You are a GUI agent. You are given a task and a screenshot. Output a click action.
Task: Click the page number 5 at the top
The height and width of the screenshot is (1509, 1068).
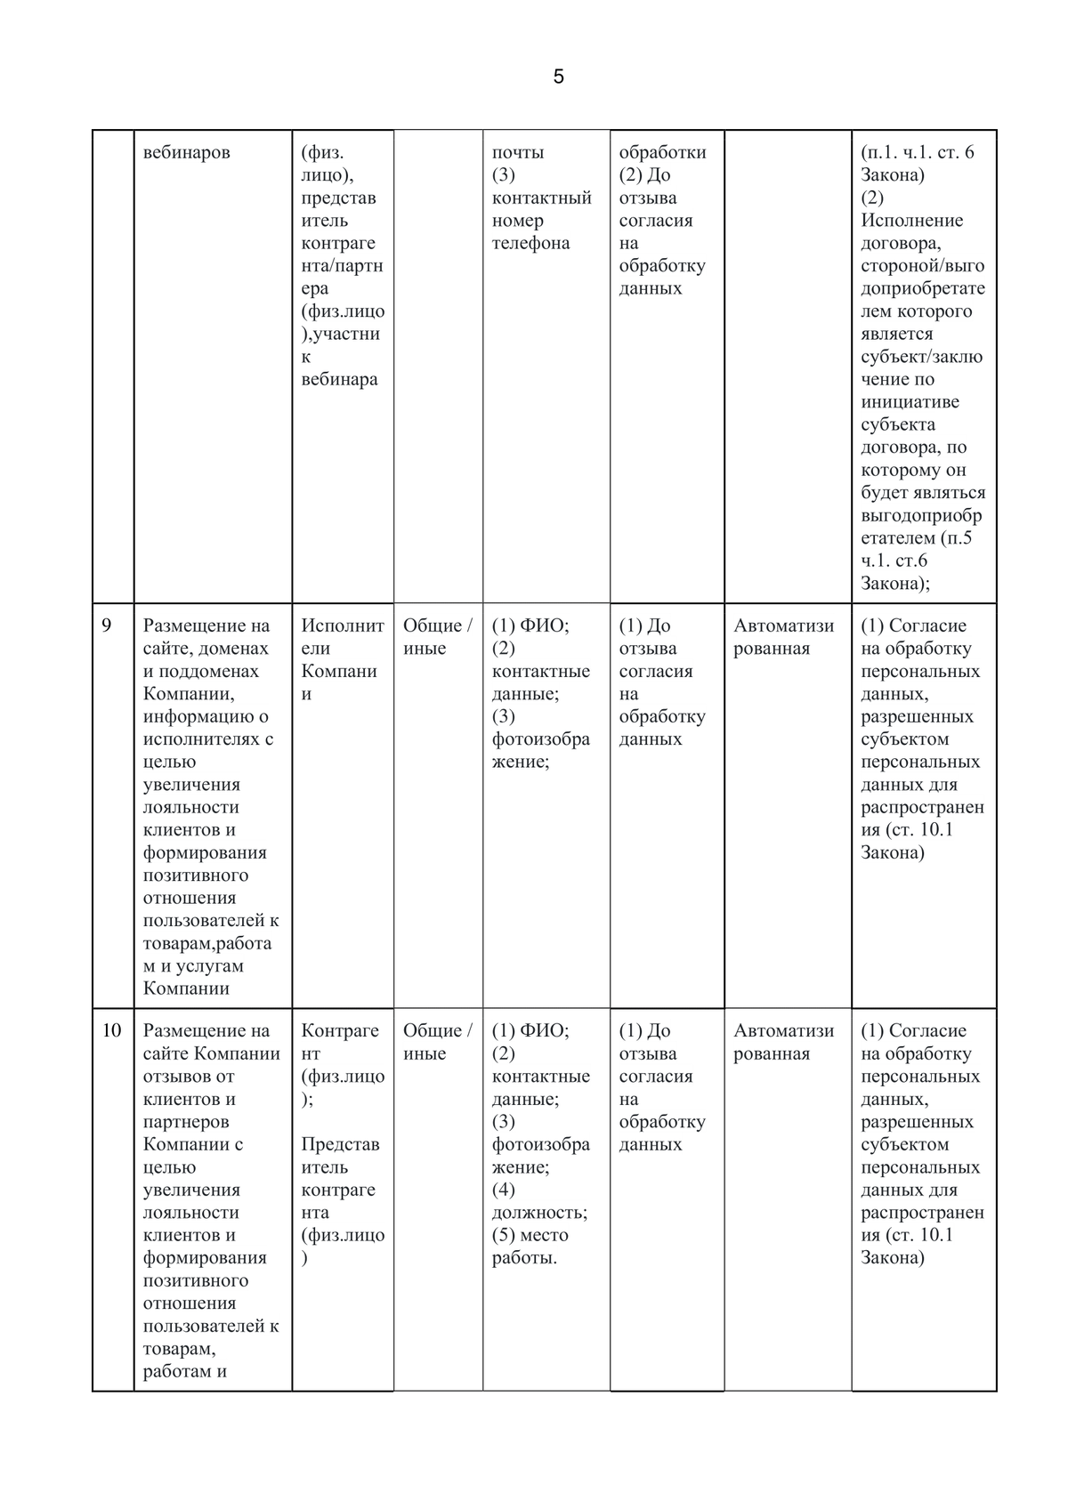[558, 77]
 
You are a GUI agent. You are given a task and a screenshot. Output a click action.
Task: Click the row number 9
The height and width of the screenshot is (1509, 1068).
[107, 625]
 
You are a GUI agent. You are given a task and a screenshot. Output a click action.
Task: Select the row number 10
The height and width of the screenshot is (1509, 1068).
[111, 1030]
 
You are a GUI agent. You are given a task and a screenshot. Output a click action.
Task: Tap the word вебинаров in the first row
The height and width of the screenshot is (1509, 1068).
[186, 152]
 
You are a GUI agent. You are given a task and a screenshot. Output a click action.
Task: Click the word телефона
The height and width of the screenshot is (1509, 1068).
[530, 243]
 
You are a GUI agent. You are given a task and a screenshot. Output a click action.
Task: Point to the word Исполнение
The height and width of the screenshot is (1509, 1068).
[911, 220]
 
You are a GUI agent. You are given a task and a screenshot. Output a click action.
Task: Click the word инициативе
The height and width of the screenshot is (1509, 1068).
[910, 401]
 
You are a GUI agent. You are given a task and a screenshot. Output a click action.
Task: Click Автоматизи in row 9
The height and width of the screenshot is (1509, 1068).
[783, 625]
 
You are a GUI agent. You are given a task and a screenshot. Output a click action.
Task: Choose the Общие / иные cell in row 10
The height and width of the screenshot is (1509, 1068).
[437, 1042]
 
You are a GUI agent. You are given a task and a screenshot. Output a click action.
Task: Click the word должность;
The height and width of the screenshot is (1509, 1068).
[539, 1212]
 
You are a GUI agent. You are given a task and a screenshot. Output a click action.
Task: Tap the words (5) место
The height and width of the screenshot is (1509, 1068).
[530, 1235]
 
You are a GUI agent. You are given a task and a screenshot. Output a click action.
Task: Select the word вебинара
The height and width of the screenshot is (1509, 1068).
[339, 379]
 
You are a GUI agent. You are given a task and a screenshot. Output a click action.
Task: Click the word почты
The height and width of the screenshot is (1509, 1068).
[518, 152]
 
